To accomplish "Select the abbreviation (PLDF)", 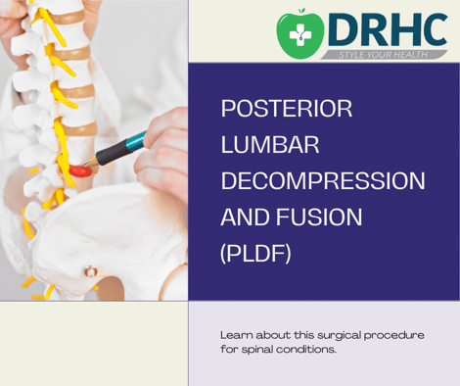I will (256, 254).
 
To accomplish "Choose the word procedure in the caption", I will (396, 335).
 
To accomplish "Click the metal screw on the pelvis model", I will (90, 270).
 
